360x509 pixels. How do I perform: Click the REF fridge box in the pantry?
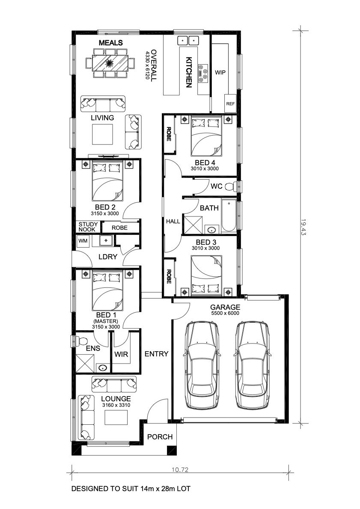tap(230, 104)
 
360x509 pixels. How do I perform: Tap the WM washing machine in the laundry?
tap(83, 241)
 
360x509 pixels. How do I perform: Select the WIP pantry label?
tap(220, 72)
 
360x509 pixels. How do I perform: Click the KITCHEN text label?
tap(189, 72)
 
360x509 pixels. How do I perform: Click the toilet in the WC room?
tap(231, 186)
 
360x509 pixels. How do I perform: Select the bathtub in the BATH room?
tap(229, 216)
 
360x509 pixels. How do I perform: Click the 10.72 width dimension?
tap(180, 469)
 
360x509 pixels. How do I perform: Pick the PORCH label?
tap(160, 437)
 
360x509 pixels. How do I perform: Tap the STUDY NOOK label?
tap(88, 227)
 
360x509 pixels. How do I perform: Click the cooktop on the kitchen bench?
tap(204, 73)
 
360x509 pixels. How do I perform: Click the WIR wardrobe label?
tap(121, 354)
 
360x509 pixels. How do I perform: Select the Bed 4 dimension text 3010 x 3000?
tap(205, 169)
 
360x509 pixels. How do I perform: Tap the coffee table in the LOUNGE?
tap(116, 417)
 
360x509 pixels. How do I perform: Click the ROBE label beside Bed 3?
tap(169, 277)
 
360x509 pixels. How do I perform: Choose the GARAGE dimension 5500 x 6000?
tap(225, 313)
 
